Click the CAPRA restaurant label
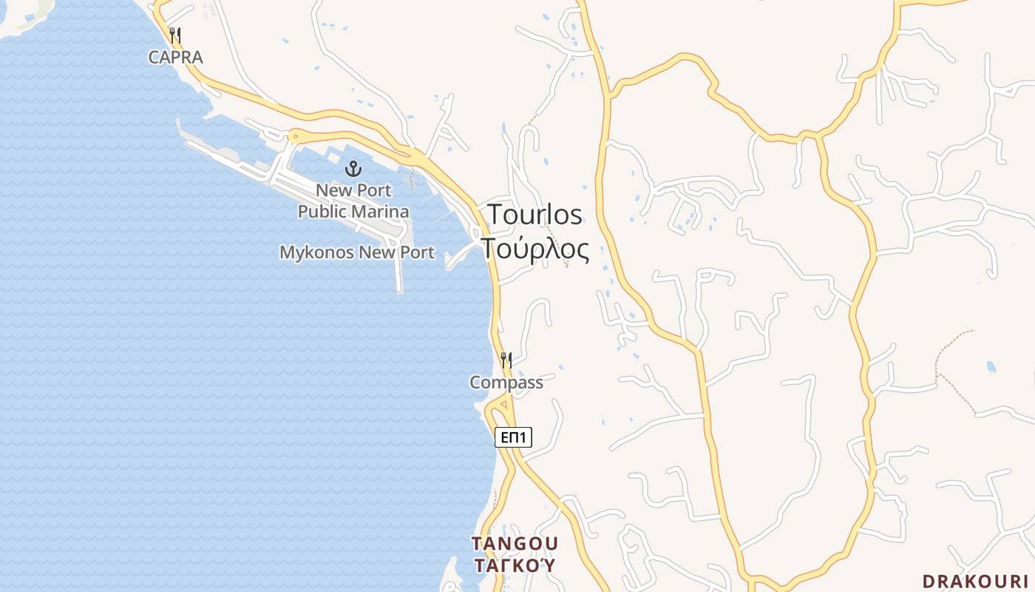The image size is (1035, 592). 175,57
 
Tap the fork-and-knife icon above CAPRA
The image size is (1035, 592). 175,35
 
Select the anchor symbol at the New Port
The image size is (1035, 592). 353,169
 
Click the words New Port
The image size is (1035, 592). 353,190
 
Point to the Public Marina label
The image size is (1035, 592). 353,212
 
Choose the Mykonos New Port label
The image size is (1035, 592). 356,252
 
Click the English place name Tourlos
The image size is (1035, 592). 535,215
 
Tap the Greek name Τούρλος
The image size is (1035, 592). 535,249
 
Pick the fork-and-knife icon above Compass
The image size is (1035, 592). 506,360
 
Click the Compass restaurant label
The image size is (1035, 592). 506,383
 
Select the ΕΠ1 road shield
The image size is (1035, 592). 513,437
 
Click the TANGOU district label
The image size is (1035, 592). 515,544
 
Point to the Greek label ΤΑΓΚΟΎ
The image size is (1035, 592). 515,566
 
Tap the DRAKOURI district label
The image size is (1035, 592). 975,581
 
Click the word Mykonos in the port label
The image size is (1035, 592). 316,252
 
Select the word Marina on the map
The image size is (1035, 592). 380,212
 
